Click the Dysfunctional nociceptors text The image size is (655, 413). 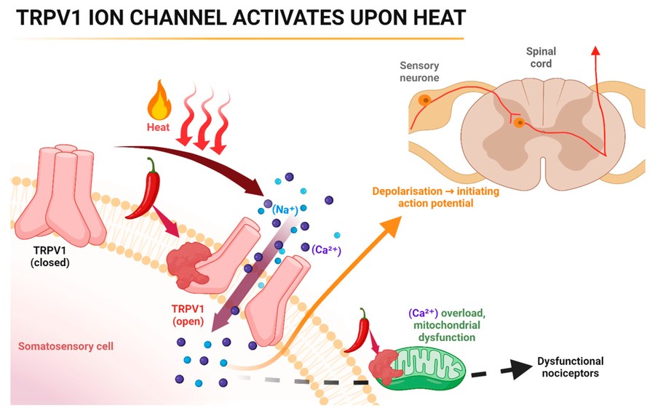click(570, 367)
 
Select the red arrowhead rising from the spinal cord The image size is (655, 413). click(596, 49)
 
